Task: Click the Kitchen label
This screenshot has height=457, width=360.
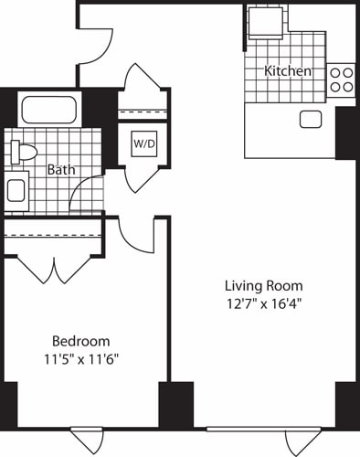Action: coord(288,71)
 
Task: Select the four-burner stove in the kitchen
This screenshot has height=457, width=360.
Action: coord(342,80)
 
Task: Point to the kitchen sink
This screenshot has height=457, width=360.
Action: coord(310,119)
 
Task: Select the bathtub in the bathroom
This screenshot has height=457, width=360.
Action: coord(50,112)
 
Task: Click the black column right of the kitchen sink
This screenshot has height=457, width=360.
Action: coord(346,133)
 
